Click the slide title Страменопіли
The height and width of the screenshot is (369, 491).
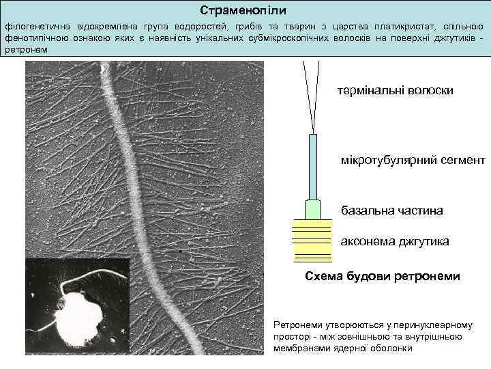click(x=243, y=12)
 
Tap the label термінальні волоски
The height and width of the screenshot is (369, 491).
click(x=395, y=91)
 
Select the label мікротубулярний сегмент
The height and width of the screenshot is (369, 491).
click(x=413, y=161)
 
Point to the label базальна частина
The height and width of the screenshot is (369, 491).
click(x=391, y=210)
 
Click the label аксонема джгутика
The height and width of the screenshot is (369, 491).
click(x=395, y=242)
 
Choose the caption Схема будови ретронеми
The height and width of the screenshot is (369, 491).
click(x=382, y=276)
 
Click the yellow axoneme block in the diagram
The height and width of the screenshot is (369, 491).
click(x=312, y=241)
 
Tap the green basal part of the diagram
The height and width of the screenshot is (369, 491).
click(x=312, y=209)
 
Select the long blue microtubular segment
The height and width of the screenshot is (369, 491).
click(x=312, y=167)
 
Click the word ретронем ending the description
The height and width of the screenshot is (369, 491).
click(x=25, y=50)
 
